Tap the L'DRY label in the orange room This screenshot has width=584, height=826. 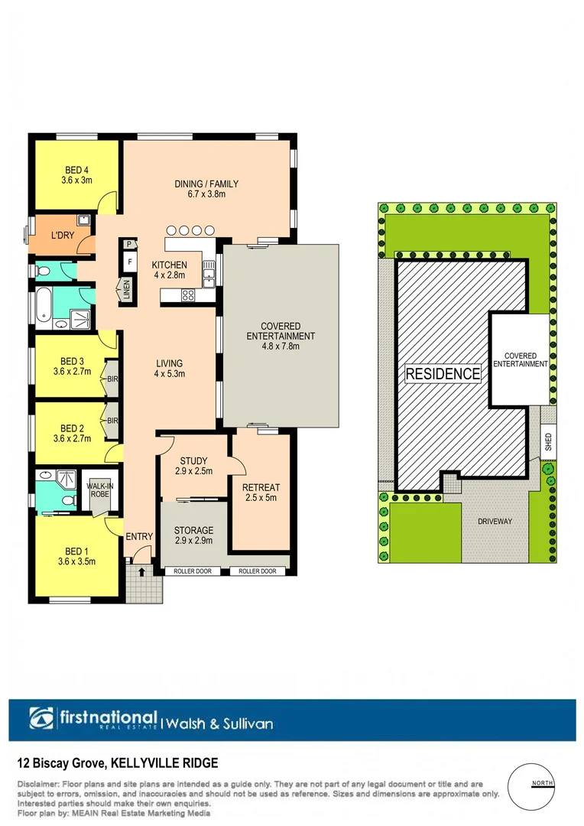(63, 236)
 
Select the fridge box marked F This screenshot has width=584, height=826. (129, 262)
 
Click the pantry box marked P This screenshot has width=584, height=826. (129, 245)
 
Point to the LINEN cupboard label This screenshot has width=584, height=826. (127, 290)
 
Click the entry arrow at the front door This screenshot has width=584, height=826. (141, 571)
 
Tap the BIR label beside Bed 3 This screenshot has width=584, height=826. (112, 379)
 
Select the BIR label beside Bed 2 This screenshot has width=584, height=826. (112, 421)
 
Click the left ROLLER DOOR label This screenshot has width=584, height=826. (192, 571)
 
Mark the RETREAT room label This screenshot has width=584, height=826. (261, 487)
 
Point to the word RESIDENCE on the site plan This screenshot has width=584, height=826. (443, 374)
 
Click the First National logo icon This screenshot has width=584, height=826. (43, 719)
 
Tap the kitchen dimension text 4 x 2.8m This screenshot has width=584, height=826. (170, 275)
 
